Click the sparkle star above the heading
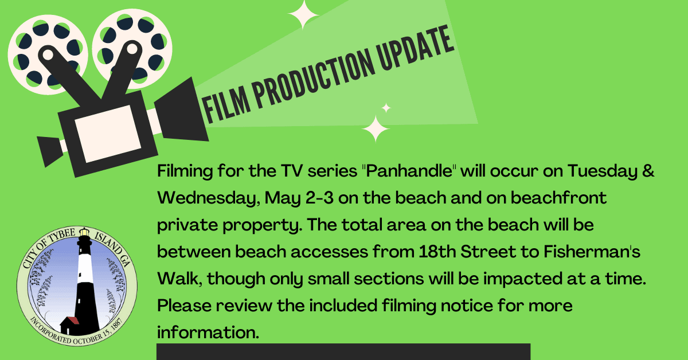coord(304,14)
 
